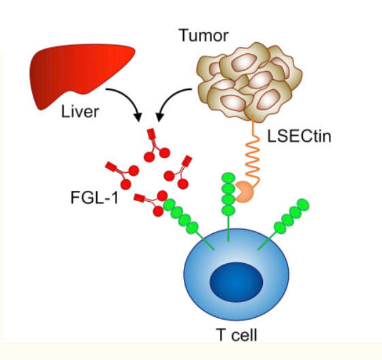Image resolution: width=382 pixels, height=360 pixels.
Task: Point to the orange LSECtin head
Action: coord(244,194)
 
